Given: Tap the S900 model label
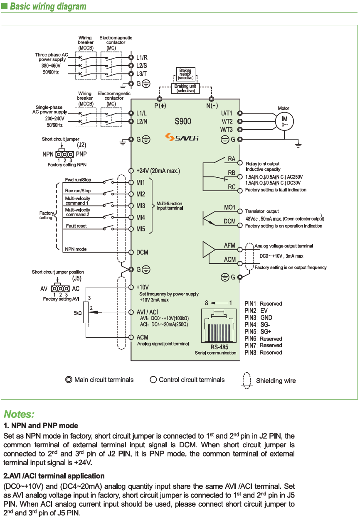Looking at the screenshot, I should (x=183, y=122).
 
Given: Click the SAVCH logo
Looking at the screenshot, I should (x=181, y=137).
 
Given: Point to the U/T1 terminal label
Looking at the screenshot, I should (x=227, y=113).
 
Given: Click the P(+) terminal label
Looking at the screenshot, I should (x=160, y=105).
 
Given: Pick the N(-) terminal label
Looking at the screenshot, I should (x=212, y=105).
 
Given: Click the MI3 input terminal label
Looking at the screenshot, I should (x=141, y=206).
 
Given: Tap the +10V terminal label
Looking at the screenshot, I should (x=143, y=287).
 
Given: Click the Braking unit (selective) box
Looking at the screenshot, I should (x=185, y=88).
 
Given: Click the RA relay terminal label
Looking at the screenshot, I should (x=232, y=159).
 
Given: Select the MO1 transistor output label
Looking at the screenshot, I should (x=230, y=207).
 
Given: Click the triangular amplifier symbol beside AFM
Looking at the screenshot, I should (x=208, y=250).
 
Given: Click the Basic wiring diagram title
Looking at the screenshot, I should (x=48, y=7).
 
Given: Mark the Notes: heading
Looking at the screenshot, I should (x=19, y=414).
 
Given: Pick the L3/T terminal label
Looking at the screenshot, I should (x=142, y=74).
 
